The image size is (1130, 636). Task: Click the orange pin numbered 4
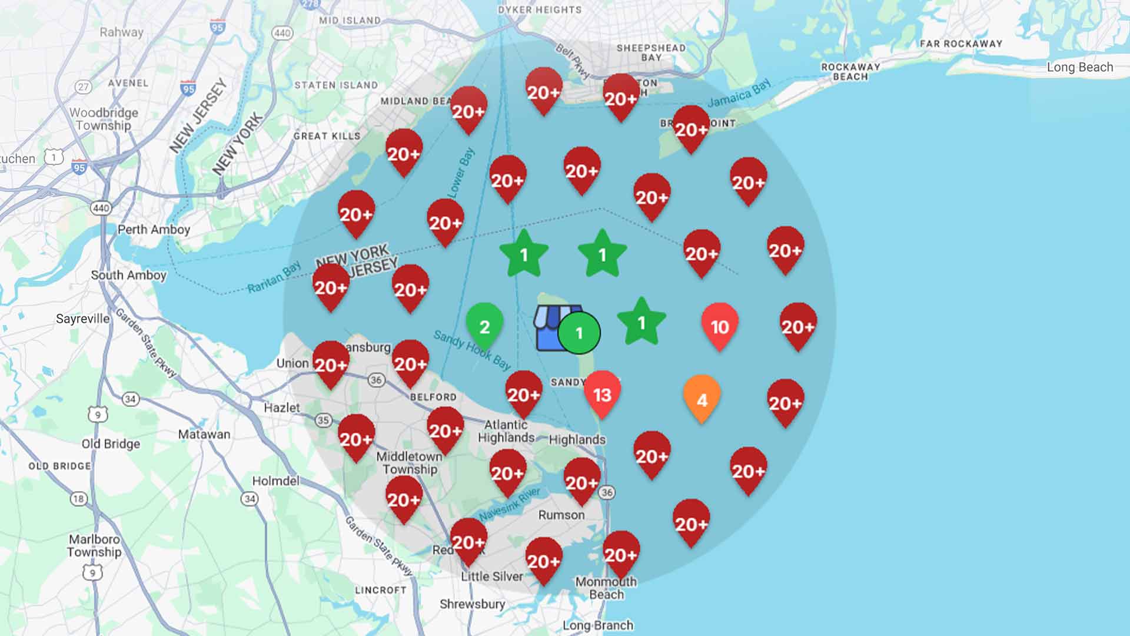point(702,399)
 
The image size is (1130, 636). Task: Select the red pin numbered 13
point(602,394)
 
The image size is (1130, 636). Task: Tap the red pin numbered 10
point(720,326)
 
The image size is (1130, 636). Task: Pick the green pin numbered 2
point(484,326)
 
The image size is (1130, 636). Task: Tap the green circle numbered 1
point(579,333)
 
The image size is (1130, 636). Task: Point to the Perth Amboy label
point(154,230)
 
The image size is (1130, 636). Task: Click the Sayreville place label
point(82,319)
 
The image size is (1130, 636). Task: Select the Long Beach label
point(1079,67)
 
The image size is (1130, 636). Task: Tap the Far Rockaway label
point(960,44)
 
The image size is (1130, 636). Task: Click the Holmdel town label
point(275,481)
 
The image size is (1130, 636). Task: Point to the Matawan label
point(204,435)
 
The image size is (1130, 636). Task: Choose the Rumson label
point(561,515)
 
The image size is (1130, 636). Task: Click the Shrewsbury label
point(472,604)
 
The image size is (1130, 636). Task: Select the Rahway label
point(121,32)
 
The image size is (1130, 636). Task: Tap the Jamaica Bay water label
point(739,94)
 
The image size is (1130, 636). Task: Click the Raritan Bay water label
point(274,279)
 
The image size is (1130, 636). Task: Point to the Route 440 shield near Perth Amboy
point(101,208)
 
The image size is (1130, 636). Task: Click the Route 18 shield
point(78,499)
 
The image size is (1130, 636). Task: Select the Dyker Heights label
point(539,10)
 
